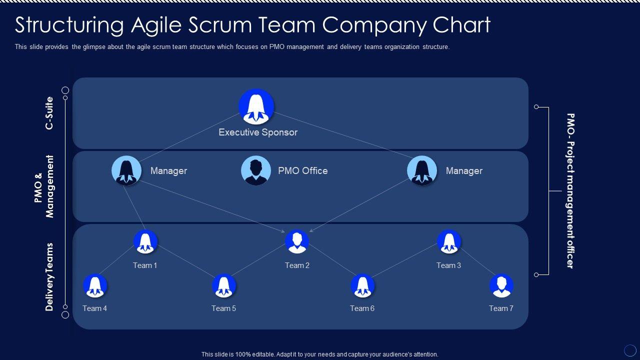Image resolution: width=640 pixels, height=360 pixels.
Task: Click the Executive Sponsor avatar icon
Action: click(x=256, y=106)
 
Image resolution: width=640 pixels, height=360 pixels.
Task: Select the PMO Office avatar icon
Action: click(x=255, y=170)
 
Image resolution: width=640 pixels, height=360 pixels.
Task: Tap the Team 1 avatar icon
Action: click(x=145, y=241)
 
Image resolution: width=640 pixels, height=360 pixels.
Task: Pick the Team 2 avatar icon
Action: click(x=297, y=241)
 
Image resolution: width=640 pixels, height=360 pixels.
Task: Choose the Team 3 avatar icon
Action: click(x=449, y=241)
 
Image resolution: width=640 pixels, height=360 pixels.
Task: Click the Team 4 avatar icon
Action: click(x=95, y=285)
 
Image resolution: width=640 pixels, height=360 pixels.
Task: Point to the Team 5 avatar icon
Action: click(x=223, y=285)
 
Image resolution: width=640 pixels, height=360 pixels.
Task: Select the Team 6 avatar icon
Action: click(x=362, y=285)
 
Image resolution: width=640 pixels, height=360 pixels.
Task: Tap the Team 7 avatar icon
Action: click(x=501, y=285)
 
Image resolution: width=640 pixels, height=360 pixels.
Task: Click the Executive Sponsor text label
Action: click(x=258, y=132)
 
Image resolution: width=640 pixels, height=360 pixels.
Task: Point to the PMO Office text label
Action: click(x=303, y=170)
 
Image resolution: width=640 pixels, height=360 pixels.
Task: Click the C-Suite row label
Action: click(x=49, y=113)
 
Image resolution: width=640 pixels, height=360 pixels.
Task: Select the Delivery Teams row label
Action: click(x=49, y=277)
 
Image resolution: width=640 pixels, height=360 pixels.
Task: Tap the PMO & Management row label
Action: click(x=43, y=186)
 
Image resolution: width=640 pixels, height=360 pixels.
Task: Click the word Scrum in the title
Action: click(x=220, y=24)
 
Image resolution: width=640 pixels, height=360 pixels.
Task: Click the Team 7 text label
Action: click(x=501, y=308)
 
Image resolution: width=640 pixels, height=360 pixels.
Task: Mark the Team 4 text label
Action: click(x=94, y=308)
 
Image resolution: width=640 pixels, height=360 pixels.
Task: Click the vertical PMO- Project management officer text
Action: click(x=570, y=191)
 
